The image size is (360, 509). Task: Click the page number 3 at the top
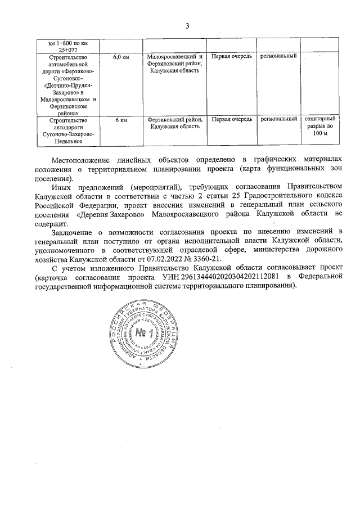(x=187, y=25)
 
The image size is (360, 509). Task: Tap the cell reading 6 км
(x=121, y=119)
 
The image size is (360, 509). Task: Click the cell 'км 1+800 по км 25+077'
(x=65, y=46)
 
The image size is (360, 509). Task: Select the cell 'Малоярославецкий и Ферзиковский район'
(x=174, y=64)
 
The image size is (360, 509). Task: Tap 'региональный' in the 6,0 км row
(x=278, y=57)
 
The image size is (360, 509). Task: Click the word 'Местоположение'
(x=79, y=160)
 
